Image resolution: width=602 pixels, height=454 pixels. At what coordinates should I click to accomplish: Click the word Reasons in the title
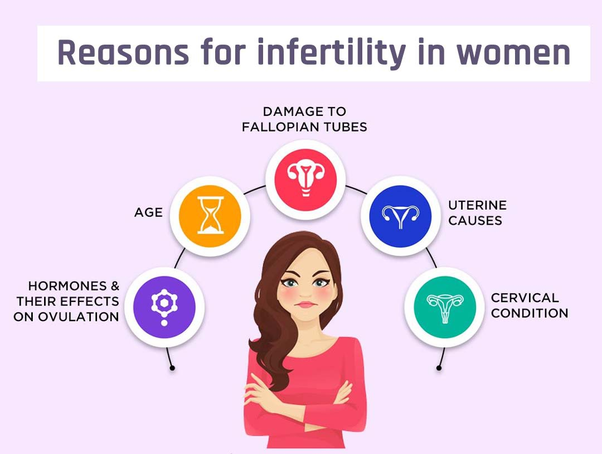123,52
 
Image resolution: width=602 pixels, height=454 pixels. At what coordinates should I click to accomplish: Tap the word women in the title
513,53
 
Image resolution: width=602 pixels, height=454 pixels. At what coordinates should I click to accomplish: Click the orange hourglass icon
210,216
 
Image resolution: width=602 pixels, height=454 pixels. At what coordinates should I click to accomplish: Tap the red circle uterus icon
305,180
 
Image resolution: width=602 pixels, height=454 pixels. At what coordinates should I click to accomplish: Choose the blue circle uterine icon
400,216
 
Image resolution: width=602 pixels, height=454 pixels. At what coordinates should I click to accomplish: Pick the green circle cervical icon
445,307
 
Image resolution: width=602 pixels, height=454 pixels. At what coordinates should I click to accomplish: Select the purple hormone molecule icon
164,307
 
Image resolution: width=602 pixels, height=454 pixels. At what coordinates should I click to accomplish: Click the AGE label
149,212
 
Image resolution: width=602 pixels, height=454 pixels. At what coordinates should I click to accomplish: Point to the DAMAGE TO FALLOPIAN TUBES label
304,119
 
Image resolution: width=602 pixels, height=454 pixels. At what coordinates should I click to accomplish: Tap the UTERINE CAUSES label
477,213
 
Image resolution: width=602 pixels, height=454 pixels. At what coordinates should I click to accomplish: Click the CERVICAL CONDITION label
530,305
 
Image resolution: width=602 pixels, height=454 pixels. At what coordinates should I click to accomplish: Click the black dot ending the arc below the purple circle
172,368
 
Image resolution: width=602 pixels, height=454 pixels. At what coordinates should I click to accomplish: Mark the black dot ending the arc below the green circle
439,368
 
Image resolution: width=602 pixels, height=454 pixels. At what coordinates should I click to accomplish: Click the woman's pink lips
306,305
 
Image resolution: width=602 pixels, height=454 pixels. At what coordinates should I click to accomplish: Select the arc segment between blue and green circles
432,257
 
